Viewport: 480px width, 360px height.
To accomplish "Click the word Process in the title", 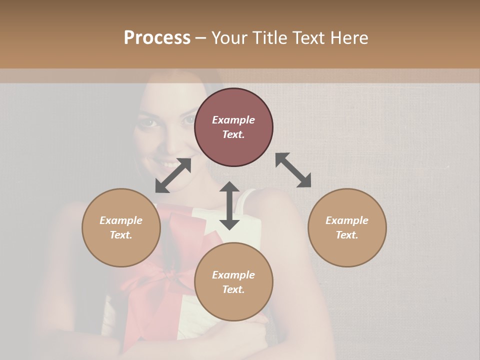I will click(x=157, y=38).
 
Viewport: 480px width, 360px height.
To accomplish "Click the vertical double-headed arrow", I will click(x=229, y=205).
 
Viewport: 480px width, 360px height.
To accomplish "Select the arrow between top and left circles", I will click(x=173, y=175).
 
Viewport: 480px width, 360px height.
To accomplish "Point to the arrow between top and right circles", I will click(x=293, y=170).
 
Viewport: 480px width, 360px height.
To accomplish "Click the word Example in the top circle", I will click(x=233, y=120).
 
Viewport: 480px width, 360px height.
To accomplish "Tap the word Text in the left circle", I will click(x=121, y=235).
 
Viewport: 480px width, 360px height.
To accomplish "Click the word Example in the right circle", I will click(x=347, y=220).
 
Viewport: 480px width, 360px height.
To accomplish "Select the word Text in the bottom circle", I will click(x=233, y=289).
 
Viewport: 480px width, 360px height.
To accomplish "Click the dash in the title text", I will click(x=201, y=38).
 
